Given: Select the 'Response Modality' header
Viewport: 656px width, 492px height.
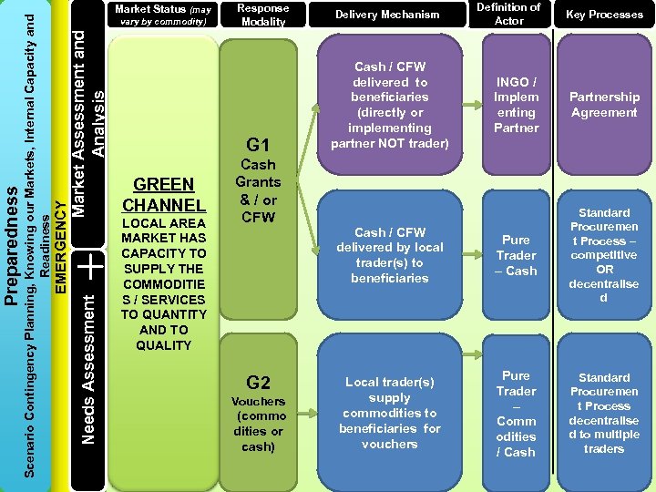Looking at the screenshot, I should point(263,15).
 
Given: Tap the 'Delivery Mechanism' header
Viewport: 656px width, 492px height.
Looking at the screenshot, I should point(387,15).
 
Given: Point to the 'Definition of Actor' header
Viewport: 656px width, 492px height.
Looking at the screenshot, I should point(508,15).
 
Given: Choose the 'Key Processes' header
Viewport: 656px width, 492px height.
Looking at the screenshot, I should point(604,15).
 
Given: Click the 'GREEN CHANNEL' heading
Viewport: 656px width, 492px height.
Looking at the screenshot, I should point(164,194).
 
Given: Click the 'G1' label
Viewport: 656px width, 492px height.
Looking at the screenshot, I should point(259,145).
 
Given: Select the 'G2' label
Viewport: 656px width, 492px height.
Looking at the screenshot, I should point(259,383).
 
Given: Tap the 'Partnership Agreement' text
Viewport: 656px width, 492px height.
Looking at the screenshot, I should point(604,105).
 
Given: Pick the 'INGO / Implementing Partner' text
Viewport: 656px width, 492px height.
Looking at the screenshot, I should point(516,105).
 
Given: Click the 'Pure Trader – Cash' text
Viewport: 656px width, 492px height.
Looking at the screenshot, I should point(516,255).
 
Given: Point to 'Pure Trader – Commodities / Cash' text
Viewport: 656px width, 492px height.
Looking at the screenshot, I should point(516,414).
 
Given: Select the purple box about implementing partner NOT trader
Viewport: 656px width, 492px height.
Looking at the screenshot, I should point(389,105).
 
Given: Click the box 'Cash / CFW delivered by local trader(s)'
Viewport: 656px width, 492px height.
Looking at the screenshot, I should point(389,255).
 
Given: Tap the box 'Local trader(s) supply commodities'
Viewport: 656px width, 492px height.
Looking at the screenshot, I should point(389,413).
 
